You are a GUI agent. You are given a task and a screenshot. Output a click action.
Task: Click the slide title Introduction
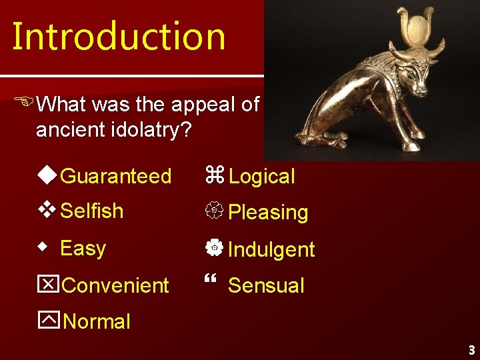coord(119,37)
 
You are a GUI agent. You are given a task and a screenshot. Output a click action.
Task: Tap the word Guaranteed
coord(115,177)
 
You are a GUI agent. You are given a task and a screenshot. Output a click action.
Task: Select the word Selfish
coord(91,211)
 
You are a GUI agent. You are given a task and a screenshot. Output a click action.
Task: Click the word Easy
coord(83,249)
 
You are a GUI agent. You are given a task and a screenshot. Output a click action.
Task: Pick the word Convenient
coord(115,286)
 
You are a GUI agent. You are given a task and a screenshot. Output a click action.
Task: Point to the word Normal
coord(97,322)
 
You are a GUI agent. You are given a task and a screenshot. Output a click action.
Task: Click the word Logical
coord(261,177)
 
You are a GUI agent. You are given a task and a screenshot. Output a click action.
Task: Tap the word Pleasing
coord(268,213)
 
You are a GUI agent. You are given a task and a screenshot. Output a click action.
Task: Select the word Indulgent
coord(271,250)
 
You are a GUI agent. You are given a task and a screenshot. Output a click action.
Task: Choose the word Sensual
coord(266,286)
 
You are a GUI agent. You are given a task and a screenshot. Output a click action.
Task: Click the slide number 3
coord(471,350)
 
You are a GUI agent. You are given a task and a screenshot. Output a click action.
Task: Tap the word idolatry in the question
coord(147,130)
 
